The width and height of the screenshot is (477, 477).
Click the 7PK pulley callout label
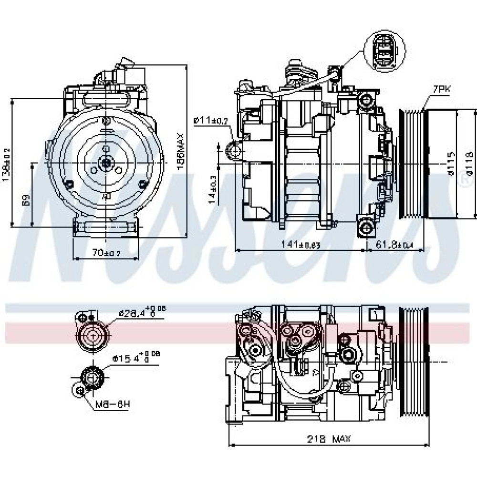click(442, 89)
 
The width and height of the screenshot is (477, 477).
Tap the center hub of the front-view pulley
click(106, 163)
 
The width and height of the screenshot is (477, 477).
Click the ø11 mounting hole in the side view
click(235, 152)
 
